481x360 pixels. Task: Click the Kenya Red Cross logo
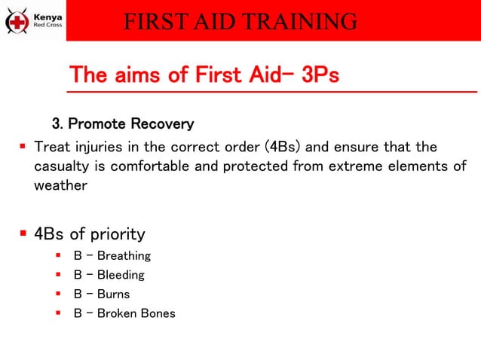point(34,20)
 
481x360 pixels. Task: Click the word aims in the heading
point(136,75)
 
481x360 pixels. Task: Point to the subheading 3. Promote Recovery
point(122,123)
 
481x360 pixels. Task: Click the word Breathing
point(124,256)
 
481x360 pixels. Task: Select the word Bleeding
point(121,275)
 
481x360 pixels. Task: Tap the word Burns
point(113,294)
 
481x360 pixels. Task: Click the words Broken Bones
point(136,313)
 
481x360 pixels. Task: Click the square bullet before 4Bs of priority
point(23,233)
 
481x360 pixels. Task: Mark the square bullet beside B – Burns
point(59,294)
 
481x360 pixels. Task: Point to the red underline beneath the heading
point(271,92)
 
